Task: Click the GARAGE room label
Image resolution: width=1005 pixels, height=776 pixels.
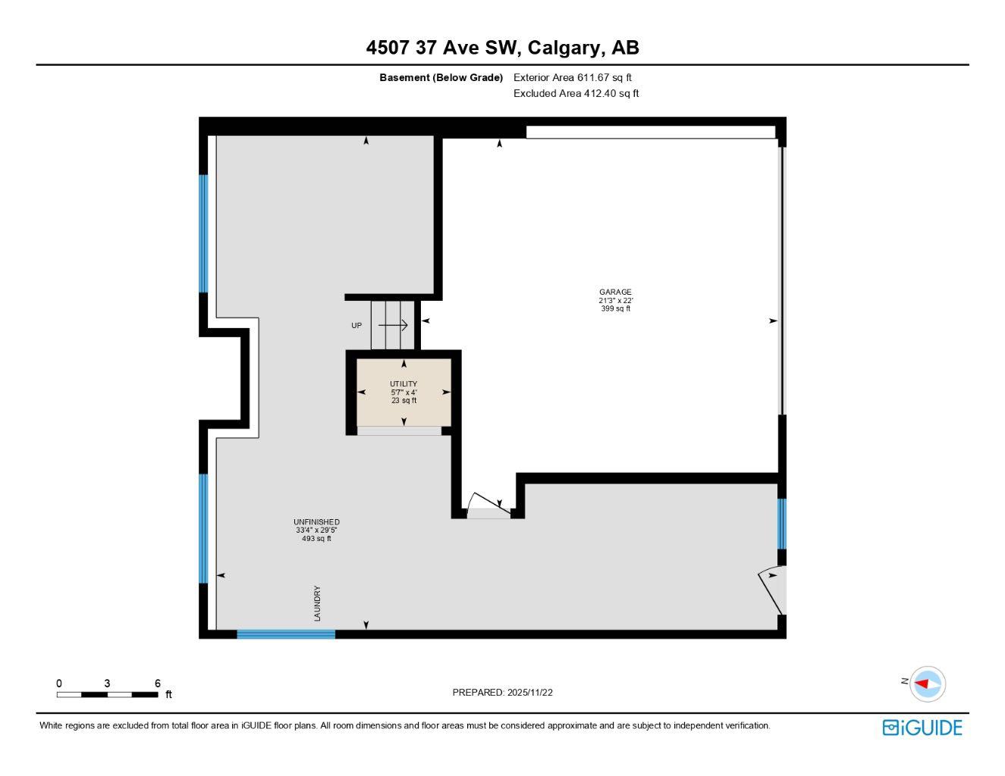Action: pos(615,292)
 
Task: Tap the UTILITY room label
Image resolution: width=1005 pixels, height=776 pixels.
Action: pos(404,384)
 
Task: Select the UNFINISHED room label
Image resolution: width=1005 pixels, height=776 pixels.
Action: pos(316,522)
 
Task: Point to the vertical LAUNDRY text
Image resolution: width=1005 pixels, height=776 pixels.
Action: pos(318,603)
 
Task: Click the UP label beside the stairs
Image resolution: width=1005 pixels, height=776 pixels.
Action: pos(356,326)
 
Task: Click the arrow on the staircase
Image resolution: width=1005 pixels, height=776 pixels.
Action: pos(394,325)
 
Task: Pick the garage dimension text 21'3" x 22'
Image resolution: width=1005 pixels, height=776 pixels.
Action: pos(615,301)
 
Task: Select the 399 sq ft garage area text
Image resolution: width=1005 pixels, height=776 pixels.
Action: pos(615,309)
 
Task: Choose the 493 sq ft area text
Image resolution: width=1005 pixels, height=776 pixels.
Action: pos(316,539)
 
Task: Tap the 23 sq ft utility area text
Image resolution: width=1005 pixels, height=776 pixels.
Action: pos(404,401)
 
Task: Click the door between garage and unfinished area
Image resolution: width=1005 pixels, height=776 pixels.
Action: pos(487,506)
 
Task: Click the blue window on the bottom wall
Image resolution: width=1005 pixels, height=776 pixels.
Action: pos(286,634)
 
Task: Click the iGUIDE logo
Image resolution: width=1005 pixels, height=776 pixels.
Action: pos(922,727)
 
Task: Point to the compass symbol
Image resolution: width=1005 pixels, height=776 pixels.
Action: pos(927,684)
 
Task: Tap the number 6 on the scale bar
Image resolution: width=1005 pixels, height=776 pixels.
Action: pos(158,684)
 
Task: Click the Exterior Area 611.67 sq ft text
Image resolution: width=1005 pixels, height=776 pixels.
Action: pos(573,77)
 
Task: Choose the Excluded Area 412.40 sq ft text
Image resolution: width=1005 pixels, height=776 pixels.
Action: pos(576,94)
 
